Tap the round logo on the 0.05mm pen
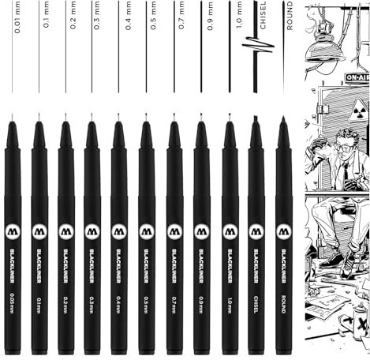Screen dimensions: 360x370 [13, 232]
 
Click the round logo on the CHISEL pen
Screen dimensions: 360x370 [256, 232]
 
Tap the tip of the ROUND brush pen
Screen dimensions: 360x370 [282, 119]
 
